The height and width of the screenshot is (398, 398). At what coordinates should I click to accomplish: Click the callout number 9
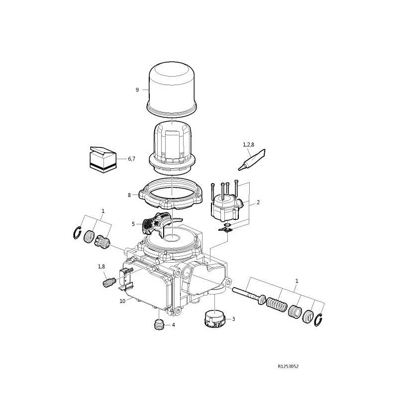137,90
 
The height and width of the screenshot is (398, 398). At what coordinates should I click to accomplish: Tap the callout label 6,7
131,159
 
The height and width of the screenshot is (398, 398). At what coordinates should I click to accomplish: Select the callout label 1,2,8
248,145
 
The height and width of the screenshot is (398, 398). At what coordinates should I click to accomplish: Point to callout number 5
133,224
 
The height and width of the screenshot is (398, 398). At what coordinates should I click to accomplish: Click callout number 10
122,301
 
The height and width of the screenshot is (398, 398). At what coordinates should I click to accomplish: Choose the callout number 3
233,319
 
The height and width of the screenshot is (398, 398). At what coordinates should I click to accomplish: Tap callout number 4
173,325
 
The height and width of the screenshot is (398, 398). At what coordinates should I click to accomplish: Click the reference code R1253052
288,366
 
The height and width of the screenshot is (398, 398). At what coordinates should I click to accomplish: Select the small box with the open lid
103,160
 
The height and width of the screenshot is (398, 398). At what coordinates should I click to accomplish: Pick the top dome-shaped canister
172,89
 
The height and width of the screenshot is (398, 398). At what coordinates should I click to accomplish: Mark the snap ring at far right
318,320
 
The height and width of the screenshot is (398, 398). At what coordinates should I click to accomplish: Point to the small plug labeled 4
159,325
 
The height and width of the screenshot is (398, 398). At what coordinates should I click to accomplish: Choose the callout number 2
258,202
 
